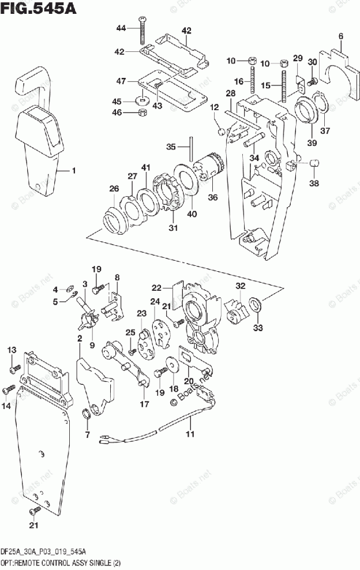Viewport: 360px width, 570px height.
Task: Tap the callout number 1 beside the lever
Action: (73, 170)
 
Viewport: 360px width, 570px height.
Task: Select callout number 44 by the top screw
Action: (121, 28)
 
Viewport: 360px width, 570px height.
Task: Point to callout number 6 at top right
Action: (340, 37)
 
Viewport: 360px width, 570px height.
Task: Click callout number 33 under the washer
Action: (257, 328)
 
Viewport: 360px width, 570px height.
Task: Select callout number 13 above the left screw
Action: (12, 350)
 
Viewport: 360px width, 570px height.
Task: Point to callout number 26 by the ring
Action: (114, 188)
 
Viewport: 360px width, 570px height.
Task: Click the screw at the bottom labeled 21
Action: (35, 511)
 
